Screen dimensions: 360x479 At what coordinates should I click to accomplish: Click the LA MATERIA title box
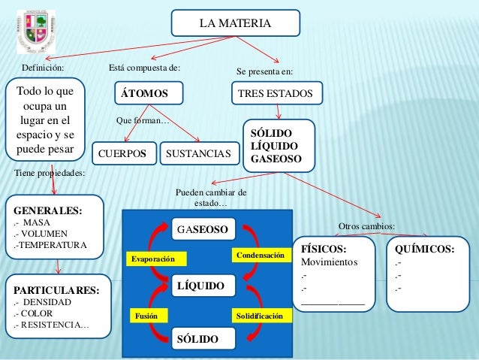tap(235, 23)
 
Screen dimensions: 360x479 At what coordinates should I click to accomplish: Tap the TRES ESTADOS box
tap(276, 94)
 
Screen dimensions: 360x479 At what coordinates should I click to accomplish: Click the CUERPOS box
tap(125, 154)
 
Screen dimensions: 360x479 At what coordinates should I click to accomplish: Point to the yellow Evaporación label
tap(154, 259)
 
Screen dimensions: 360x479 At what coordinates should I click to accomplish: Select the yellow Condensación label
tap(261, 256)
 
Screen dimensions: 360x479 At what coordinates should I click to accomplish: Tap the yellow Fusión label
tap(147, 316)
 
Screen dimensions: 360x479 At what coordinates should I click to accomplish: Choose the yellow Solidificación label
tap(260, 316)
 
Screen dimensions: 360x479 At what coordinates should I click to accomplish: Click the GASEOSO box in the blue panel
tap(204, 228)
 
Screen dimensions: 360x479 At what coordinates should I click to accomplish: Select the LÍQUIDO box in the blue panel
tap(204, 286)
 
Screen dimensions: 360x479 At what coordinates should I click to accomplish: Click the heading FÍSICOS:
tap(324, 249)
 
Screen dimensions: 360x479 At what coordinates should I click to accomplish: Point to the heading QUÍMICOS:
tap(424, 249)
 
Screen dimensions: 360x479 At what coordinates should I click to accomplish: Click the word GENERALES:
tap(43, 211)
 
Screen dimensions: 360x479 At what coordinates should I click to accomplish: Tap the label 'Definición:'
tap(43, 68)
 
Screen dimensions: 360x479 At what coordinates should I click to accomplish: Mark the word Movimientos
tap(329, 262)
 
